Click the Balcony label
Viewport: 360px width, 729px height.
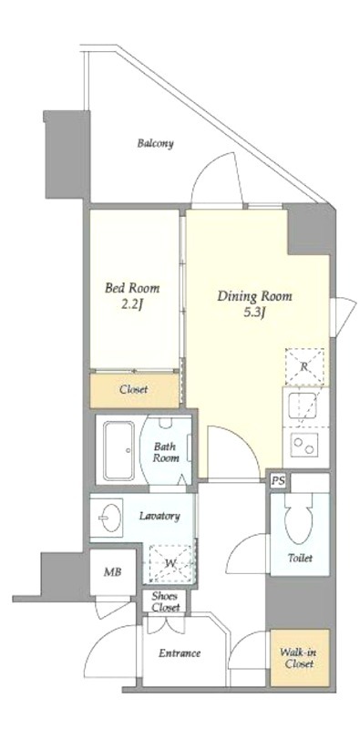155,143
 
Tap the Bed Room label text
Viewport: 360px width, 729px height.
132,288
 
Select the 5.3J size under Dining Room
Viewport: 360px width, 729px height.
254,311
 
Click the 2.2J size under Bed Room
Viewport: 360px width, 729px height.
131,304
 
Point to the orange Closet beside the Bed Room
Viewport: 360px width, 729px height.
134,390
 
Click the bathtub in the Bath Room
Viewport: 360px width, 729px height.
119,450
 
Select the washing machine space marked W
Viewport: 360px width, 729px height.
170,563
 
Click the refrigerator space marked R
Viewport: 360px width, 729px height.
304,367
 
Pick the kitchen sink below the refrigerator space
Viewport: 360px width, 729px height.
303,406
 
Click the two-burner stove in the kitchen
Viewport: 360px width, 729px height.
304,445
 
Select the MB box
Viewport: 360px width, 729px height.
113,572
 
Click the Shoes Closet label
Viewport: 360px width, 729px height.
165,601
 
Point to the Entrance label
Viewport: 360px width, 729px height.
180,653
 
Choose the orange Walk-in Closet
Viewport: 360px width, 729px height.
300,657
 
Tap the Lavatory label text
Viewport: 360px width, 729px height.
159,516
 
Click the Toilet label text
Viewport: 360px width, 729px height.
300,558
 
